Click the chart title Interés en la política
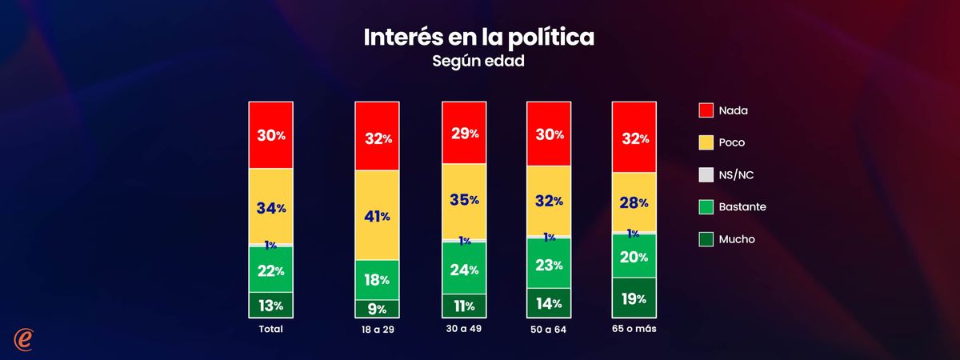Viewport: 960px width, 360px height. tap(479, 38)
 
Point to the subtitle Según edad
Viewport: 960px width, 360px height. tap(479, 61)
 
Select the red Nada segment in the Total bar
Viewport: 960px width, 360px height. tap(270, 135)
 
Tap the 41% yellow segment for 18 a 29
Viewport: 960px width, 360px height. tap(377, 215)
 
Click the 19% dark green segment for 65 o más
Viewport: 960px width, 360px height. tap(634, 298)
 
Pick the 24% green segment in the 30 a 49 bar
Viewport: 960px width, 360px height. tap(465, 268)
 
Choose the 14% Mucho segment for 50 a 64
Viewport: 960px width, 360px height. tap(548, 303)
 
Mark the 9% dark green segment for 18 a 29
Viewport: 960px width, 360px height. tap(377, 309)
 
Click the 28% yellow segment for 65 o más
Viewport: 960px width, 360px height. tap(634, 202)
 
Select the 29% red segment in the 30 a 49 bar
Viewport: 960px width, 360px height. tap(465, 133)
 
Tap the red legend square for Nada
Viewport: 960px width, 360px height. tap(706, 110)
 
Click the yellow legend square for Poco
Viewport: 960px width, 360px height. tap(706, 142)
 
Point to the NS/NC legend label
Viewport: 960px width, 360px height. tap(737, 174)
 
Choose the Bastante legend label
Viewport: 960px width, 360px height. tap(742, 207)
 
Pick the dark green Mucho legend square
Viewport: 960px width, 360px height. tap(706, 239)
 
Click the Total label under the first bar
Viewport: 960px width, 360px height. tap(270, 329)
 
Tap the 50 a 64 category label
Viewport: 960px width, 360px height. tap(548, 330)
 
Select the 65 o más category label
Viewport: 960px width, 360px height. tap(634, 329)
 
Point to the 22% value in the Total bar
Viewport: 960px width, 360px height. tap(270, 270)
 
